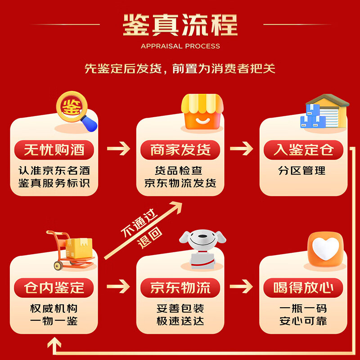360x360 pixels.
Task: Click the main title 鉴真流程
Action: pyautogui.click(x=180, y=25)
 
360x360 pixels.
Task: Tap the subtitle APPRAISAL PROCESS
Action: pyautogui.click(x=180, y=46)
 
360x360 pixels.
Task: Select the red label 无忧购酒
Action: pyautogui.click(x=54, y=150)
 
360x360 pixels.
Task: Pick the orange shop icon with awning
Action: pyautogui.click(x=202, y=111)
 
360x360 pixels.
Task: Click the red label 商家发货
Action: pyautogui.click(x=180, y=150)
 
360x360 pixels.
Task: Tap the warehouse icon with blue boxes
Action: pyautogui.click(x=324, y=111)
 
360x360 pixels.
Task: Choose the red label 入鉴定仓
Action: pyautogui.click(x=303, y=150)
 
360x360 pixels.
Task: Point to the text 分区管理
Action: pyautogui.click(x=301, y=171)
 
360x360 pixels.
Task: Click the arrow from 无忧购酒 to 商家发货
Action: pyautogui.click(x=118, y=149)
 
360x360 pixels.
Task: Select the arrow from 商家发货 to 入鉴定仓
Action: pyautogui.click(x=242, y=149)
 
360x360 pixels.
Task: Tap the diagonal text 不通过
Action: pyautogui.click(x=139, y=223)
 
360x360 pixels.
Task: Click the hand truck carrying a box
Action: pyautogui.click(x=70, y=250)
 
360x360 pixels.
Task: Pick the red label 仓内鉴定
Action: pyautogui.click(x=54, y=288)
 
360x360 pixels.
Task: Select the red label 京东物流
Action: pyautogui.click(x=180, y=288)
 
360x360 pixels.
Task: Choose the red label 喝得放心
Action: pyautogui.click(x=303, y=288)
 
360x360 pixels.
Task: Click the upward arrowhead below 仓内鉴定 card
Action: pyautogui.click(x=54, y=342)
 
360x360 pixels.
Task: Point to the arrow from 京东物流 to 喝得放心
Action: pyautogui.click(x=241, y=287)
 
